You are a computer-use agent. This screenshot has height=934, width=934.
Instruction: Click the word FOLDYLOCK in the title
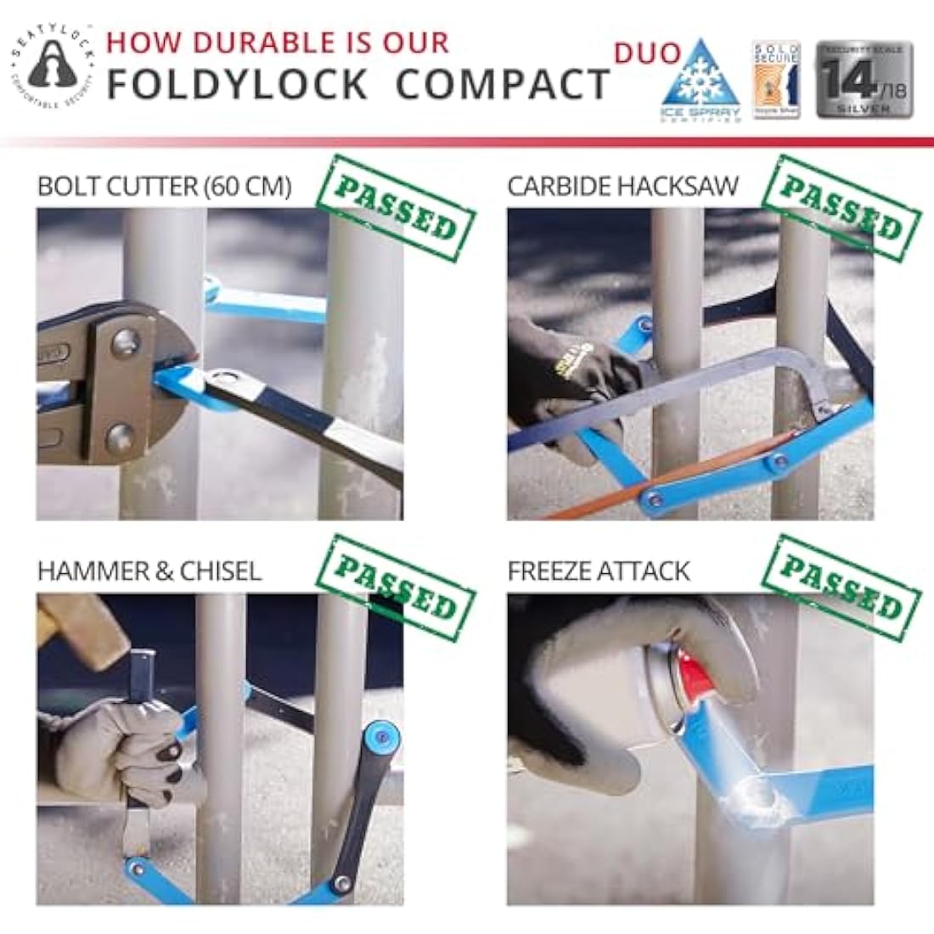tap(238, 84)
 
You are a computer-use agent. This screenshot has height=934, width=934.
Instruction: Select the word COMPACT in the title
tap(503, 84)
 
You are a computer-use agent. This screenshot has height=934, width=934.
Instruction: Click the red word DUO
tap(647, 53)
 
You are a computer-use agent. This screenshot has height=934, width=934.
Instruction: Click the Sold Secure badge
tap(776, 80)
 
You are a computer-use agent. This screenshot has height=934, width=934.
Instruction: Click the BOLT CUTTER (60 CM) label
tap(165, 187)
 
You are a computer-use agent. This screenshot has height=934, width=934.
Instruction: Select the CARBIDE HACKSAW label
tap(623, 187)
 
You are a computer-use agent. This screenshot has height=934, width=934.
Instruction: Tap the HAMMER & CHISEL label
tap(149, 571)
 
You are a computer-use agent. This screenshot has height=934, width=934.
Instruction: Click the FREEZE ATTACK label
tap(599, 571)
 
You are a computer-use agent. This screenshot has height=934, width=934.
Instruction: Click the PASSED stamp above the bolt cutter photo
tap(396, 209)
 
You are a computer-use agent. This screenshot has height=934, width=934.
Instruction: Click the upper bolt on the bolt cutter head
tap(125, 343)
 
